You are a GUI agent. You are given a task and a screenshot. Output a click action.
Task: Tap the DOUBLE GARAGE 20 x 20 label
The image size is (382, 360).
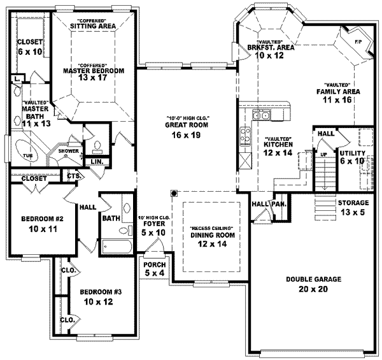click(315, 284)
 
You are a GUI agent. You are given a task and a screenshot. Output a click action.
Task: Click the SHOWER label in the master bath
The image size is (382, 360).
click(68, 152)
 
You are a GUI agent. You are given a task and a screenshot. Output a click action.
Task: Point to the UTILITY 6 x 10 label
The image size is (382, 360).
click(351, 158)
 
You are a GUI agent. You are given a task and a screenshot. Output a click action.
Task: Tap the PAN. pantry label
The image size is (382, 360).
click(278, 203)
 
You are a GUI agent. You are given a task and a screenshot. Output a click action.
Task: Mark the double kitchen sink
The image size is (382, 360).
click(261, 115)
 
